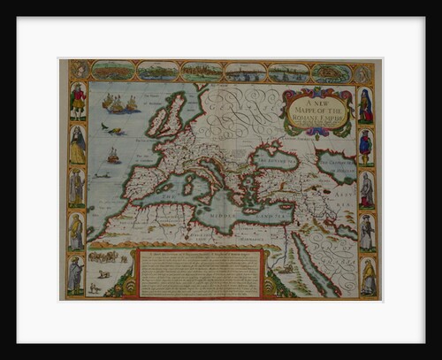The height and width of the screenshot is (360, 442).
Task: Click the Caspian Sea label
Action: (338, 165)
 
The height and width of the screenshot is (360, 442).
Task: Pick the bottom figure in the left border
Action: (77, 275)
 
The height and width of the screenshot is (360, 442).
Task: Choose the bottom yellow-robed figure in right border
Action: (367, 276)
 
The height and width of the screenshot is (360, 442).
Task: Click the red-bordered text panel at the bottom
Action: (200, 273)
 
